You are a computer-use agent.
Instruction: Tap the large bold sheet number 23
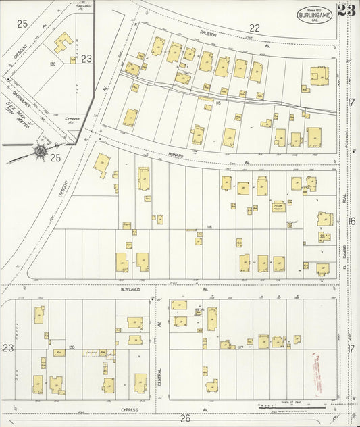click(346, 9)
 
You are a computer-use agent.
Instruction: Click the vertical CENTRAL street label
click(159, 376)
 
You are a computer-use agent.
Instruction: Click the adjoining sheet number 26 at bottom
click(186, 419)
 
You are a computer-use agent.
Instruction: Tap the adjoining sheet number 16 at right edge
click(351, 221)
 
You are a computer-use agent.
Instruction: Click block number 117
click(240, 347)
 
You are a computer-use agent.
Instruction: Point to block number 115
click(219, 103)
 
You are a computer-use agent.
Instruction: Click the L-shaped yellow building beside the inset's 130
click(62, 42)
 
